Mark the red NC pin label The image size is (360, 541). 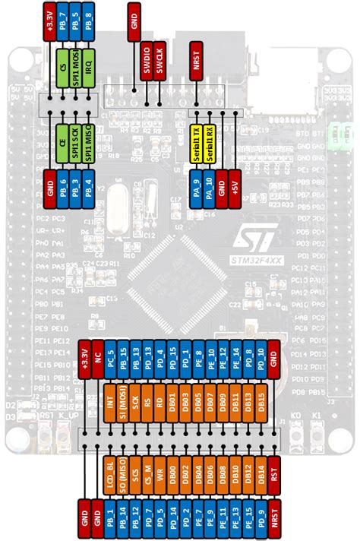coord(97,358)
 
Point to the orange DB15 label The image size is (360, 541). coord(261,402)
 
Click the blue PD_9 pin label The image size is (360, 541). coord(261,520)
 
